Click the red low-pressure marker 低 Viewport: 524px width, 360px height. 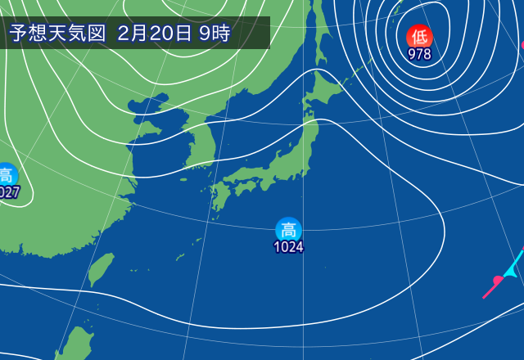coord(419,36)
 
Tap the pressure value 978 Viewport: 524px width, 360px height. coord(419,54)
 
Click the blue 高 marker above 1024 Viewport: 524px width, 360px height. coord(288,229)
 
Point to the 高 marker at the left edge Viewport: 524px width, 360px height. coord(6,174)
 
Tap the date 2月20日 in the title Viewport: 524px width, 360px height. coord(155,34)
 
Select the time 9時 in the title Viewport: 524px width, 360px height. coord(215,34)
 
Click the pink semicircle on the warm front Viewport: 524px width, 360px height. coord(497,282)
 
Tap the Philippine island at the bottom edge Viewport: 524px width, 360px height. coord(77,344)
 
